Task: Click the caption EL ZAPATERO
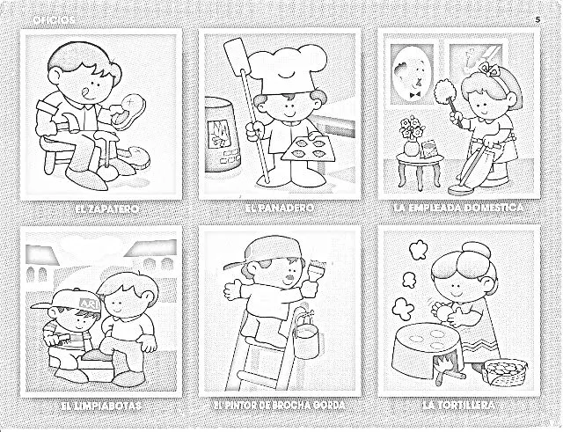[x=103, y=209]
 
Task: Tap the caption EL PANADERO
[x=280, y=209]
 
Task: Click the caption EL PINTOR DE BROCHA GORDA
[x=280, y=406]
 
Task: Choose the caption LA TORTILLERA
[x=457, y=406]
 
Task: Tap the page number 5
[x=537, y=18]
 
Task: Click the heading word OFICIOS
[x=54, y=19]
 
